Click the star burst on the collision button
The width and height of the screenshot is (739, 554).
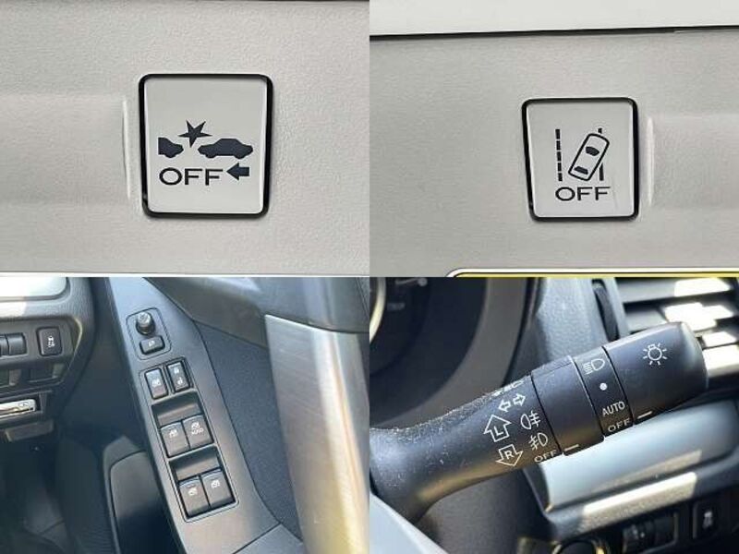tap(195, 133)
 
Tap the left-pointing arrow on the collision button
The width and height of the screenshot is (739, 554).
tap(238, 172)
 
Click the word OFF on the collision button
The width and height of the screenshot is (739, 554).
tap(190, 176)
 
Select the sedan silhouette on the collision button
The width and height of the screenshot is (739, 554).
tap(225, 148)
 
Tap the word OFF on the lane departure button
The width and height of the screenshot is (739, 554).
tap(583, 193)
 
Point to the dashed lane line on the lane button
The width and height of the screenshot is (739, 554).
tap(560, 154)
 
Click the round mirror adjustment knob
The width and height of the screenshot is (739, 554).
tap(143, 323)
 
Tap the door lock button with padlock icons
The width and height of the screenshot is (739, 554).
tap(178, 376)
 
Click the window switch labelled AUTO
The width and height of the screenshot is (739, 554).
tap(197, 431)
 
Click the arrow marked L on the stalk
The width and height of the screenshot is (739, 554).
tap(497, 428)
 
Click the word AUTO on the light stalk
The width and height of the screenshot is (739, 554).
tap(613, 409)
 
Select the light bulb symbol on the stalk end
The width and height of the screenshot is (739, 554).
tap(655, 355)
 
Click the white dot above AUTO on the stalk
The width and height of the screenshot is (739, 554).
tap(603, 387)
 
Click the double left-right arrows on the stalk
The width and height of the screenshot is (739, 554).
tap(512, 402)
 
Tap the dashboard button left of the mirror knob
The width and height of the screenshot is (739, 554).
tap(49, 341)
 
